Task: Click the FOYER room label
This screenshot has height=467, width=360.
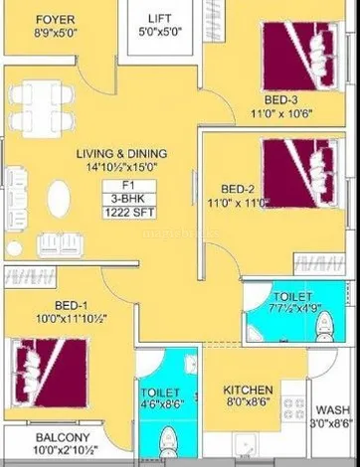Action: click(x=56, y=20)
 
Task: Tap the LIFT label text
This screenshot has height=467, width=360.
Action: click(x=160, y=18)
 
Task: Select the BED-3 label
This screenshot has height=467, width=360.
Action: click(x=280, y=99)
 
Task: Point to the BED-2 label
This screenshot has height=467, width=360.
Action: click(x=238, y=189)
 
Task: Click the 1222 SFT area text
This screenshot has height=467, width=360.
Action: click(x=129, y=213)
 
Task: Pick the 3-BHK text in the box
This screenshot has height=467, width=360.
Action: click(x=128, y=199)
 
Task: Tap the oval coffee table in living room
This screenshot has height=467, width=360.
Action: click(x=59, y=199)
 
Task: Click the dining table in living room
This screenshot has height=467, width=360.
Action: click(x=42, y=108)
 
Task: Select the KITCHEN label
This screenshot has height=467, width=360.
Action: click(x=248, y=389)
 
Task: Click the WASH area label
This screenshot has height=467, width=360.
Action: click(x=332, y=409)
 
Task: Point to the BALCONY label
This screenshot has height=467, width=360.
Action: click(x=63, y=437)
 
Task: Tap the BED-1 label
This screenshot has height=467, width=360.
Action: click(x=72, y=305)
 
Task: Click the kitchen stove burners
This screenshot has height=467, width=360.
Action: click(x=293, y=409)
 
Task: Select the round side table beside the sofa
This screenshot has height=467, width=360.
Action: click(x=14, y=248)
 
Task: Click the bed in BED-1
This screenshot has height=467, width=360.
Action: click(x=50, y=373)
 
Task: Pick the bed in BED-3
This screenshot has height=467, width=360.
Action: click(x=300, y=57)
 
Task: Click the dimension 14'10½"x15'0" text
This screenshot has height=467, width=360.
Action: click(x=121, y=167)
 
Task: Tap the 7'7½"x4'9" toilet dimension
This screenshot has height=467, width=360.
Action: click(x=295, y=309)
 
